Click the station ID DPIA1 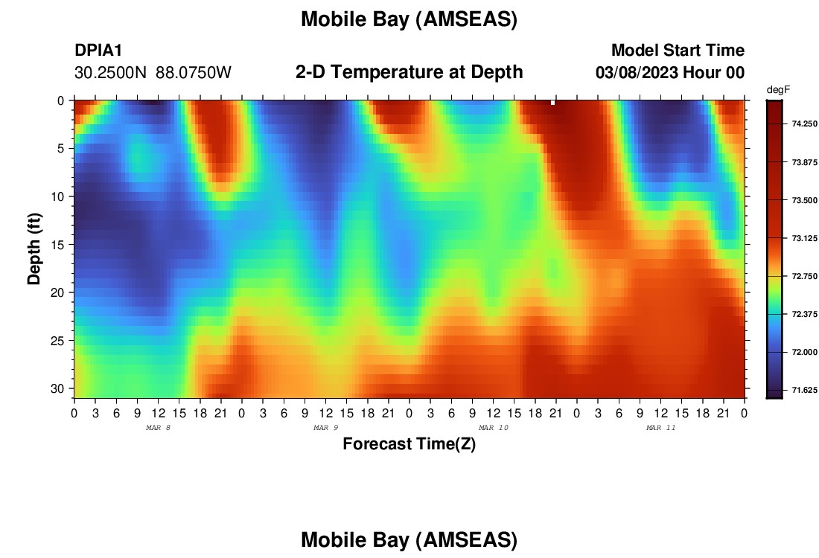(98, 50)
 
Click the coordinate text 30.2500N (110, 73)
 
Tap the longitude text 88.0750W (194, 73)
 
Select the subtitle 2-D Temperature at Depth (409, 72)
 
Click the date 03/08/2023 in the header (636, 73)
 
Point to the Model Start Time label (678, 50)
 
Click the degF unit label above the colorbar (778, 90)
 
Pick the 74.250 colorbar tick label (804, 124)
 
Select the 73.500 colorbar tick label (804, 200)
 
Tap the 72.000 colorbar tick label (804, 352)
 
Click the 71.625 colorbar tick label (804, 390)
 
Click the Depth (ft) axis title (34, 248)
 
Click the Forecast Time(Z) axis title (409, 443)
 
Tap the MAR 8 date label (159, 428)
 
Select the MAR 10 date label (494, 428)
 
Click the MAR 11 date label (660, 428)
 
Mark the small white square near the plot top (552, 103)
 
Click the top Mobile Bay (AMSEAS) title (409, 19)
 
